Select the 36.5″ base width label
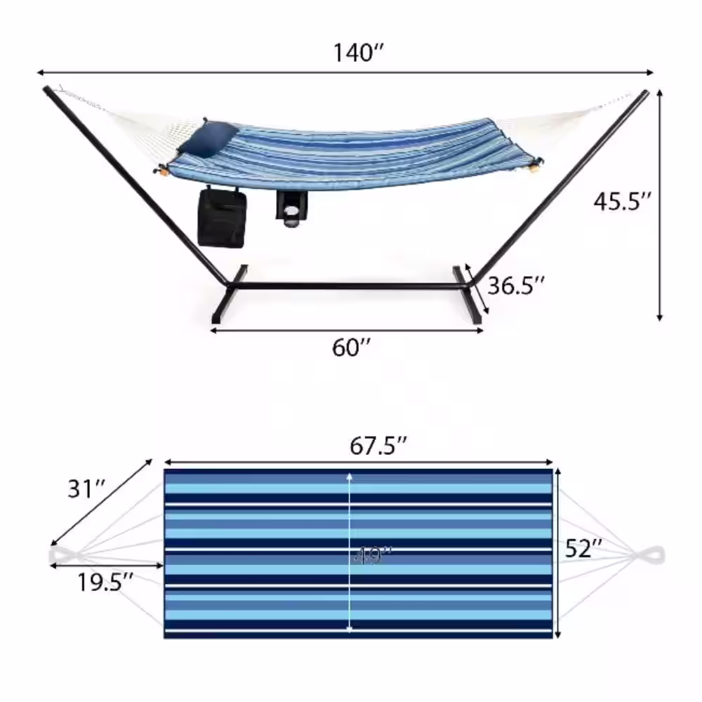pyautogui.click(x=516, y=286)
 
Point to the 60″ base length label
pyautogui.click(x=351, y=347)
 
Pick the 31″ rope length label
pyautogui.click(x=86, y=489)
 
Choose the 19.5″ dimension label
pyautogui.click(x=106, y=581)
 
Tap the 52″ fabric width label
pyautogui.click(x=585, y=549)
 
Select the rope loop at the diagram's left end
pyautogui.click(x=65, y=555)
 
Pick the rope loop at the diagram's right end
pyautogui.click(x=651, y=555)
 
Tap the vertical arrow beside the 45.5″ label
pyautogui.click(x=659, y=204)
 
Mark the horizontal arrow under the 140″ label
pyautogui.click(x=345, y=72)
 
